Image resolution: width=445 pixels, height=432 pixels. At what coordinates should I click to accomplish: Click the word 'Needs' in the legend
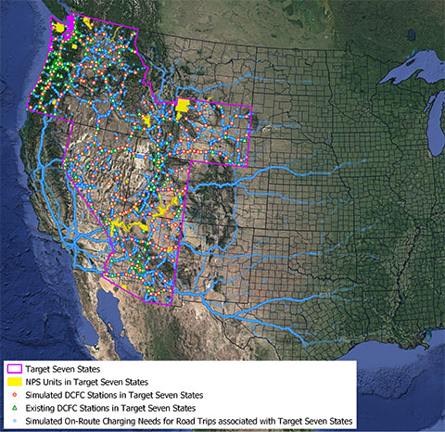click(175, 420)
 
